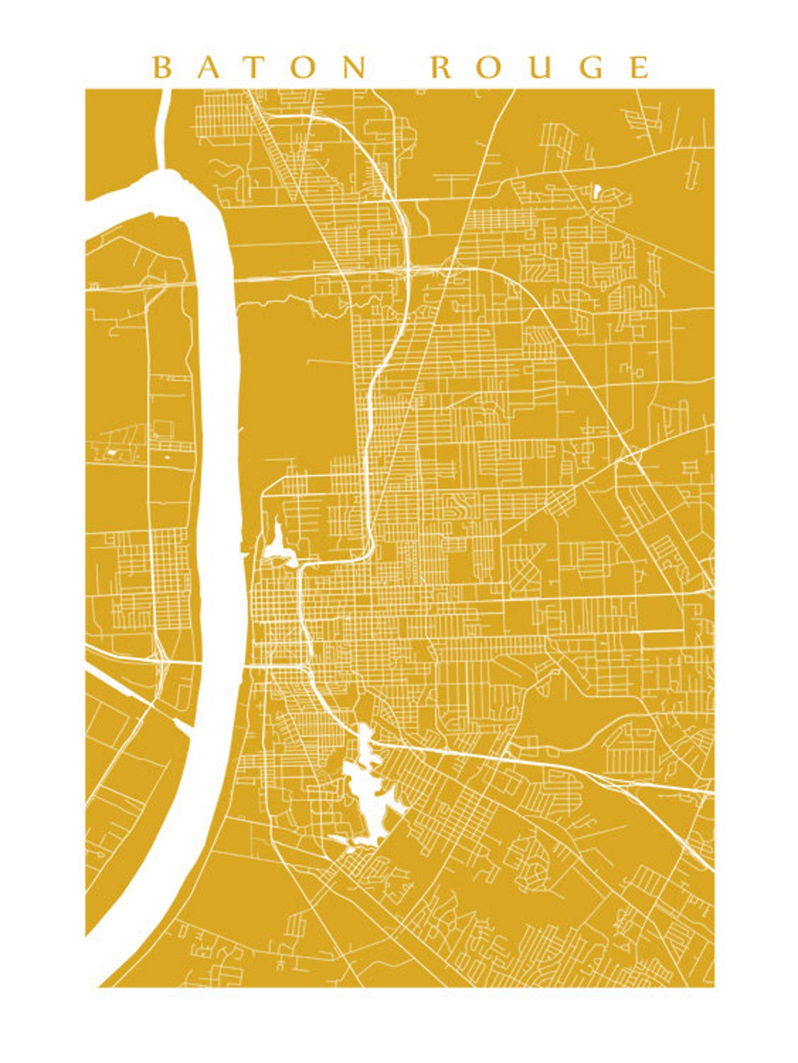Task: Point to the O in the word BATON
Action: (x=305, y=67)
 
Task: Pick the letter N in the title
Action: (x=356, y=67)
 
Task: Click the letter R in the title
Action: (x=442, y=67)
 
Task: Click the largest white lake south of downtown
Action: (x=367, y=791)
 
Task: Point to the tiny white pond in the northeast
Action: (x=597, y=190)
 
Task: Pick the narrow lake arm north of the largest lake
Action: (x=365, y=738)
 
